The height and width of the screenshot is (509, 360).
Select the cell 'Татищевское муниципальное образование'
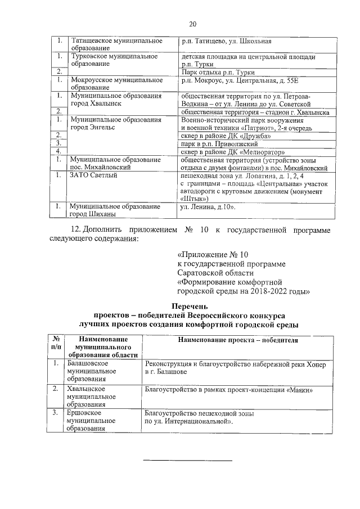coord(115,45)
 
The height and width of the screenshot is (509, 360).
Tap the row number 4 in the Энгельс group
coord(58,151)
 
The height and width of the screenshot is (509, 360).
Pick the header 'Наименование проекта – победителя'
coord(237,340)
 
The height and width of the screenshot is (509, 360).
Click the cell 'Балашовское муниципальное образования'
coord(85,371)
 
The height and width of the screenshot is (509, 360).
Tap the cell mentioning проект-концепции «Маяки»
coord(228,390)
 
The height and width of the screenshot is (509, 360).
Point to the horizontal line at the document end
coord(188,460)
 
